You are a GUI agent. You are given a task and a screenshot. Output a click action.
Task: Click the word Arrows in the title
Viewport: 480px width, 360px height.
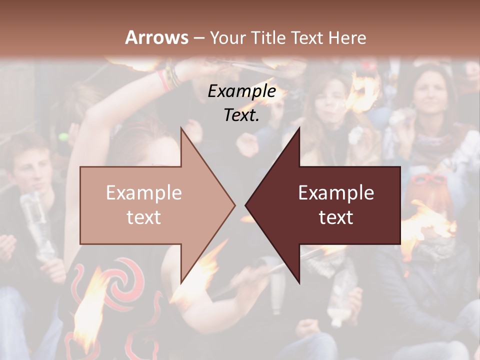[x=157, y=37]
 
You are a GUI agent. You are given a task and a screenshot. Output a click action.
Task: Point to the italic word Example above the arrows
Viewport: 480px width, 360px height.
[x=241, y=91]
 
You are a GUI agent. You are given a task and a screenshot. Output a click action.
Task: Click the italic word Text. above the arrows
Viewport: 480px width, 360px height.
[x=241, y=115]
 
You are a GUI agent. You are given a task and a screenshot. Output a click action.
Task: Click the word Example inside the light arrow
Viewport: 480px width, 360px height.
[x=144, y=193]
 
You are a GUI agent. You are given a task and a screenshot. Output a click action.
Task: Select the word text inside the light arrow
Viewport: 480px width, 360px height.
[x=144, y=217]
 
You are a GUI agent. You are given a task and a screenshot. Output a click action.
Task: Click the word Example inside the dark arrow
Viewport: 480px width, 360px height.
[x=336, y=193]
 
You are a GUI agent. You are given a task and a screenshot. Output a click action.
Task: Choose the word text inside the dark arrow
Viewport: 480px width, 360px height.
[x=336, y=217]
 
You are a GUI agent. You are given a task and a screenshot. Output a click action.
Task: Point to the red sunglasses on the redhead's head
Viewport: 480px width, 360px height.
[x=429, y=180]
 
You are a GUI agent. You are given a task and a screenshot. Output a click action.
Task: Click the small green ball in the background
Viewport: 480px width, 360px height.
[x=62, y=137]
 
